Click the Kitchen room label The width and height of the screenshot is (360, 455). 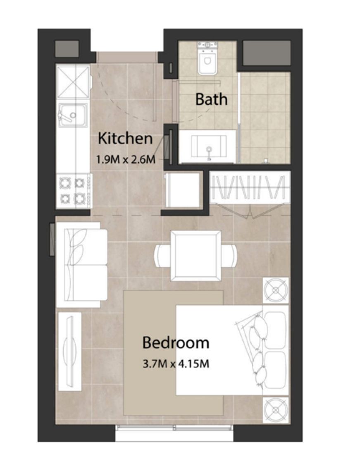125,139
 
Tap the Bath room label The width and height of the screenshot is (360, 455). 211,99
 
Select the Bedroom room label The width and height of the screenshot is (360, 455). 176,342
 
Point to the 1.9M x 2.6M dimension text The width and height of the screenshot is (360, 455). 125,159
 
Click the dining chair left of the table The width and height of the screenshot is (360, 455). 162,256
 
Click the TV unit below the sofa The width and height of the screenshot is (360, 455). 69,351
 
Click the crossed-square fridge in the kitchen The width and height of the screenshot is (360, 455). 73,81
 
